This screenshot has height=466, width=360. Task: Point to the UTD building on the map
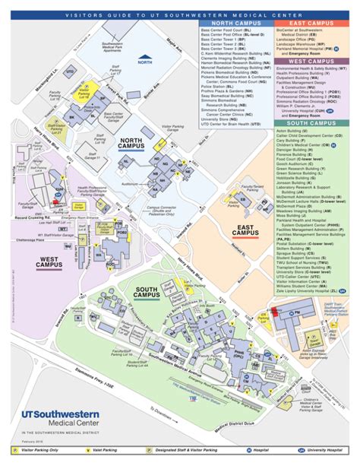click(70, 71)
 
